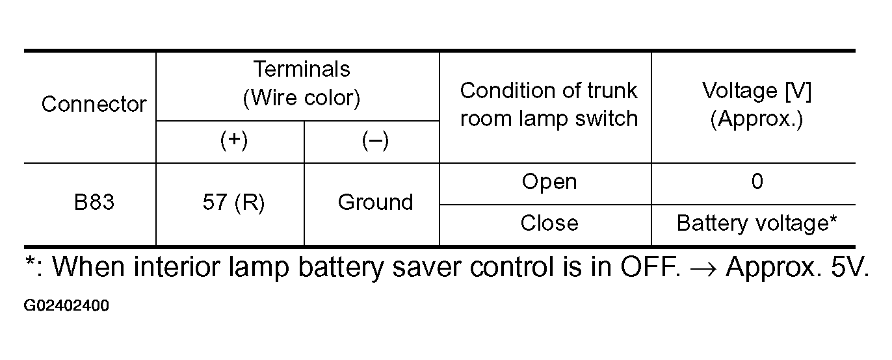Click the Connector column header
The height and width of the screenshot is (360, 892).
tap(94, 105)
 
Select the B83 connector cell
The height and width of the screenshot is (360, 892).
tap(94, 203)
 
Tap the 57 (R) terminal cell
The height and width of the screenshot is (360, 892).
tap(233, 203)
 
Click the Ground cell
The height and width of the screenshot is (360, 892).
tap(375, 203)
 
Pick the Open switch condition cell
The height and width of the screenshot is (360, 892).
tap(549, 182)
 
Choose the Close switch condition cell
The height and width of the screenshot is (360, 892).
tap(549, 224)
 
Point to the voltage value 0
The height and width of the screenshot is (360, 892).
tap(757, 182)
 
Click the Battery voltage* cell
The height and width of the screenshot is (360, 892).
tap(757, 224)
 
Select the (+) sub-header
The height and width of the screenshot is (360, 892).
tap(233, 142)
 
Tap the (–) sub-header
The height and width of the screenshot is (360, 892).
tap(375, 142)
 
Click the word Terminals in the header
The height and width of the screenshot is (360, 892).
tap(301, 69)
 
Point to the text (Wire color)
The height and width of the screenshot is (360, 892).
tap(301, 98)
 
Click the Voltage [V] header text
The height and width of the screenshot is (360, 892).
tap(757, 91)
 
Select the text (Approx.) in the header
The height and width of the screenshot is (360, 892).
tap(757, 120)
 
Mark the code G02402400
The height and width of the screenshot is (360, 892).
tap(67, 305)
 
